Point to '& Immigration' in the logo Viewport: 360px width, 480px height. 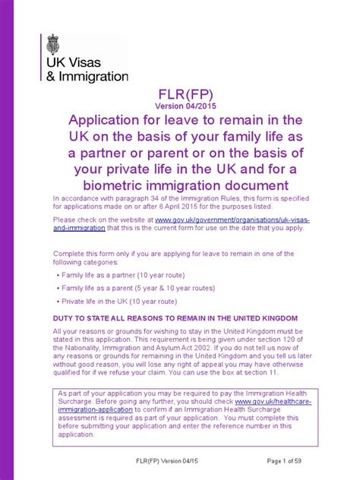(x=92, y=77)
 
